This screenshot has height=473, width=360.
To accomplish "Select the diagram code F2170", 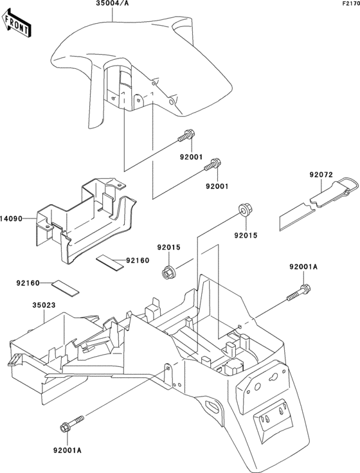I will tap(350, 4).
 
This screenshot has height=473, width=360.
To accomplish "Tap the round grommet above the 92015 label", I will tap(244, 209).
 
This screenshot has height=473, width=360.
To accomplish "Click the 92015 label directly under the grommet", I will tap(245, 236).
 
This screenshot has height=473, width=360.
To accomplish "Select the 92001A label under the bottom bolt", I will tap(62, 451).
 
